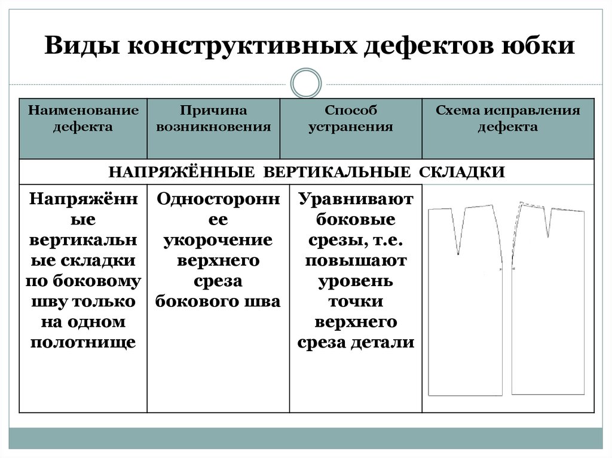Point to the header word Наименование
coord(83,110)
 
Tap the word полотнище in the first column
coord(83,342)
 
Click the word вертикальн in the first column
coord(83,240)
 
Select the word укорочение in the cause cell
coord(218,240)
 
